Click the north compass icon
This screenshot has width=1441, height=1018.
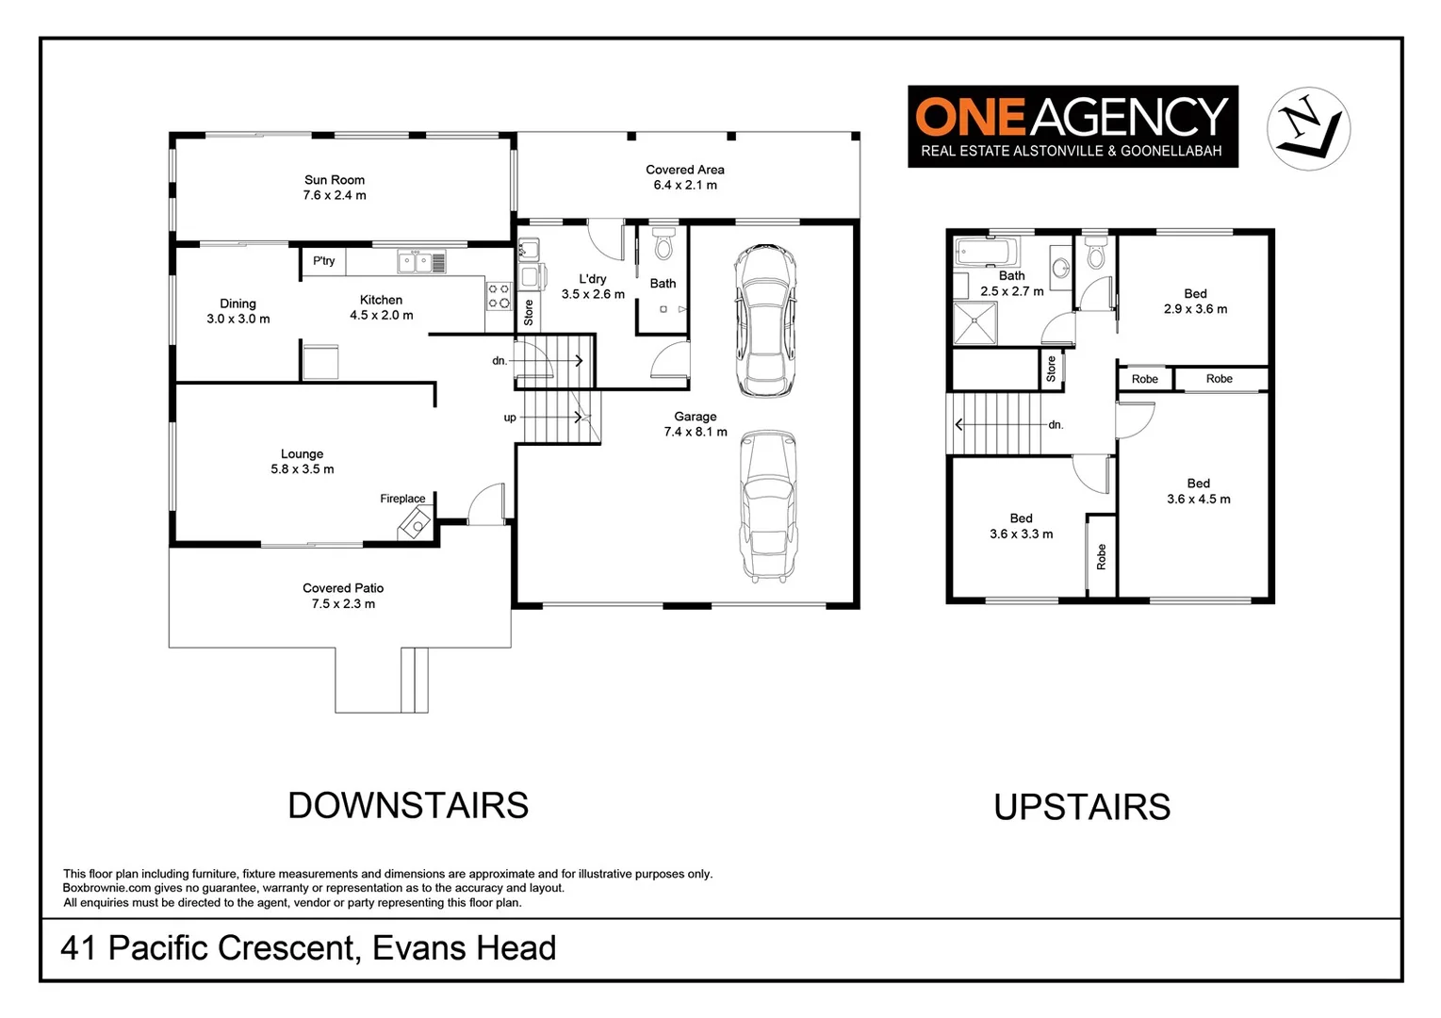point(1308,129)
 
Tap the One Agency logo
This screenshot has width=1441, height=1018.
point(1073,126)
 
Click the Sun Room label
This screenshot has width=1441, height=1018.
point(335,180)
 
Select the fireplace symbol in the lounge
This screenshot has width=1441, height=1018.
point(416,522)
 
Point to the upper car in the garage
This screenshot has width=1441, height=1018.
point(765,320)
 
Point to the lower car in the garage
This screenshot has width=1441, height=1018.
point(768,506)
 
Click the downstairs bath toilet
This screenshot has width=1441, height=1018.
point(663,244)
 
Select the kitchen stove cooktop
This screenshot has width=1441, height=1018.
point(499,296)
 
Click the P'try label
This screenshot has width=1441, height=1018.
point(323,261)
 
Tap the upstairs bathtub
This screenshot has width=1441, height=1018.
point(987,253)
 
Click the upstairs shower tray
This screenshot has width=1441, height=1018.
point(974,323)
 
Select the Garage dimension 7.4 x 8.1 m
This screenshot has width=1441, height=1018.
point(696,432)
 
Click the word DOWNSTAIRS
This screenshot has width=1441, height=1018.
point(408,806)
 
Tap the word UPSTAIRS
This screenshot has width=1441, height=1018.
point(1082,808)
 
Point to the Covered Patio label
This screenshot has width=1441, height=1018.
point(343,588)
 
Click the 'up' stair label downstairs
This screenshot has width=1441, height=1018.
point(510,418)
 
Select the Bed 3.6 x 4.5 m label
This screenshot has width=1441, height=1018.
point(1199,491)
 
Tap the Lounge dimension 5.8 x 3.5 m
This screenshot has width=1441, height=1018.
point(303,469)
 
